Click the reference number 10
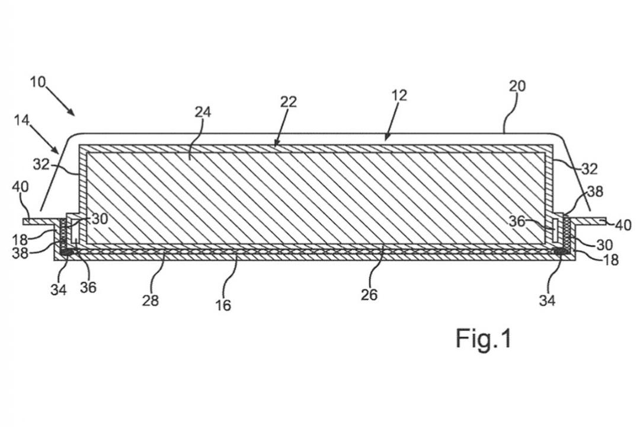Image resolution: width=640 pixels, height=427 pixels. [37, 82]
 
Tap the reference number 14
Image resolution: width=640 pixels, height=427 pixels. [22, 120]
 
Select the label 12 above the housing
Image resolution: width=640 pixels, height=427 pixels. [399, 95]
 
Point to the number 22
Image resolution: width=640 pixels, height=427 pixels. [288, 102]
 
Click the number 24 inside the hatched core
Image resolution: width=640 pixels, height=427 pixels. [203, 111]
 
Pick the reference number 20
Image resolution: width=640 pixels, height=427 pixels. [517, 86]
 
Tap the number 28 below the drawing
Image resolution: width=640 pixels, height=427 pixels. [150, 301]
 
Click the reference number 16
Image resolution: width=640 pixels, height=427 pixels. [223, 305]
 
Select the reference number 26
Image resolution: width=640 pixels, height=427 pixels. [369, 295]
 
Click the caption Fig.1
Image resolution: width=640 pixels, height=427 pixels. [484, 338]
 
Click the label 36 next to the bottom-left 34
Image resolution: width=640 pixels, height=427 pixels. [88, 288]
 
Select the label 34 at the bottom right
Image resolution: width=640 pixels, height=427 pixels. [548, 301]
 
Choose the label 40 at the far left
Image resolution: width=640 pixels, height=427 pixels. [20, 187]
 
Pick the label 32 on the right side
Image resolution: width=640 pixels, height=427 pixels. [589, 169]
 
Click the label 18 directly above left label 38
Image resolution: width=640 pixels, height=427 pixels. [20, 240]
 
